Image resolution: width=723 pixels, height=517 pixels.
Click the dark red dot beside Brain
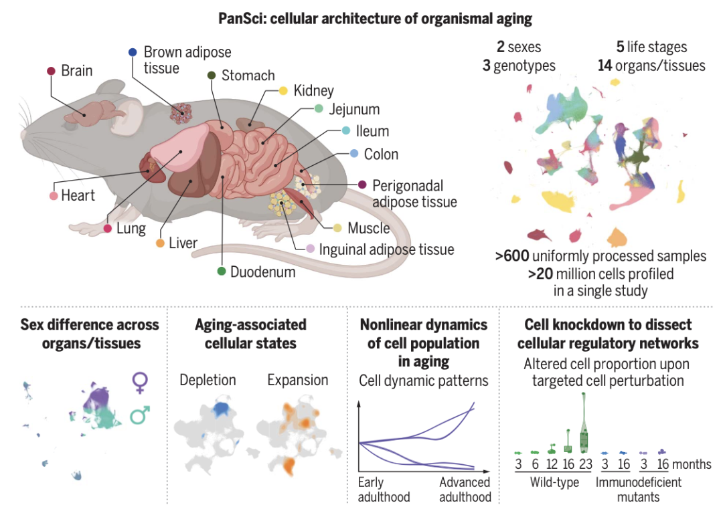coord(51,71)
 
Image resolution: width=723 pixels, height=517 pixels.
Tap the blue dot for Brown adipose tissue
coord(132,51)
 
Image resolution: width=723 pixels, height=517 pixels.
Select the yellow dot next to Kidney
coord(283,91)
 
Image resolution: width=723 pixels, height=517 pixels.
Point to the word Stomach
coord(248,76)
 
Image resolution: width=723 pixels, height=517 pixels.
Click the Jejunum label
coord(355,109)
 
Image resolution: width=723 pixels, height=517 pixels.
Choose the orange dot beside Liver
coord(160,243)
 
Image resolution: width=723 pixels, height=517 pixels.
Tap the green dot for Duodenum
coord(221,272)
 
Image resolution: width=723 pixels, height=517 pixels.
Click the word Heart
coord(78,196)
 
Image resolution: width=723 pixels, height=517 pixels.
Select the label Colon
coord(381,154)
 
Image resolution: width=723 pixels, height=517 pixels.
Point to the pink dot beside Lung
coord(107,229)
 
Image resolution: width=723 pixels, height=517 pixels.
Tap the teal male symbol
coord(141,416)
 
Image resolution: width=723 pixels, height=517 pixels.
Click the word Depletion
coord(208,381)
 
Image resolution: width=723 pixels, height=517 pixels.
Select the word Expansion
coord(298,381)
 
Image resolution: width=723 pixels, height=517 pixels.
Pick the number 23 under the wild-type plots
coord(584,464)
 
